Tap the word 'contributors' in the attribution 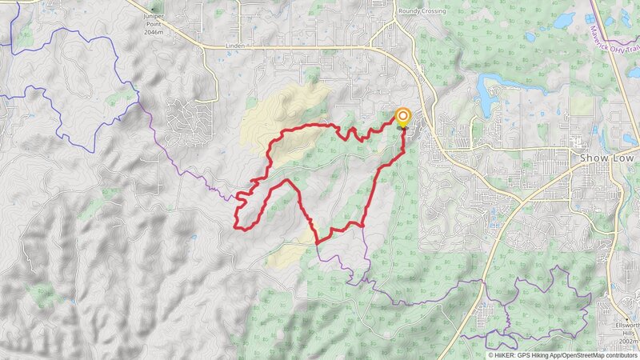[x=621, y=354]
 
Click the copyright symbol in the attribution [x=491, y=354]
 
